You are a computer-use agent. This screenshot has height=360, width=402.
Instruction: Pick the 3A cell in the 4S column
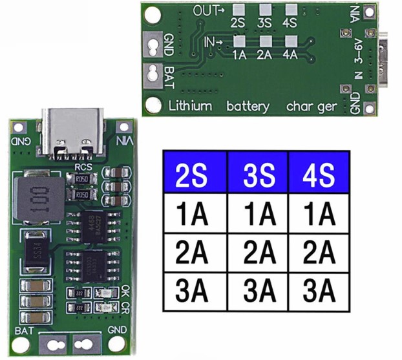coord(319,291)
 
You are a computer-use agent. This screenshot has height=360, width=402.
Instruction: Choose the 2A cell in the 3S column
coord(257,252)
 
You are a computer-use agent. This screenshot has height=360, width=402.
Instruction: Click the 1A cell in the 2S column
coord(195,214)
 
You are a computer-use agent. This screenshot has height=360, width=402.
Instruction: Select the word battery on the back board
coord(248,106)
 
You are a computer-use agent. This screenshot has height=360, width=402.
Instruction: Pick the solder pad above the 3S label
coord(264,10)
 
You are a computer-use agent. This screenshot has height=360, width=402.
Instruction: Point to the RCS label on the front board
coord(84,167)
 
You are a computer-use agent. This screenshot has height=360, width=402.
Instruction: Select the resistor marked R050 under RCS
coord(82,180)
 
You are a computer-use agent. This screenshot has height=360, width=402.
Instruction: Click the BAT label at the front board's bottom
coord(21,332)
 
